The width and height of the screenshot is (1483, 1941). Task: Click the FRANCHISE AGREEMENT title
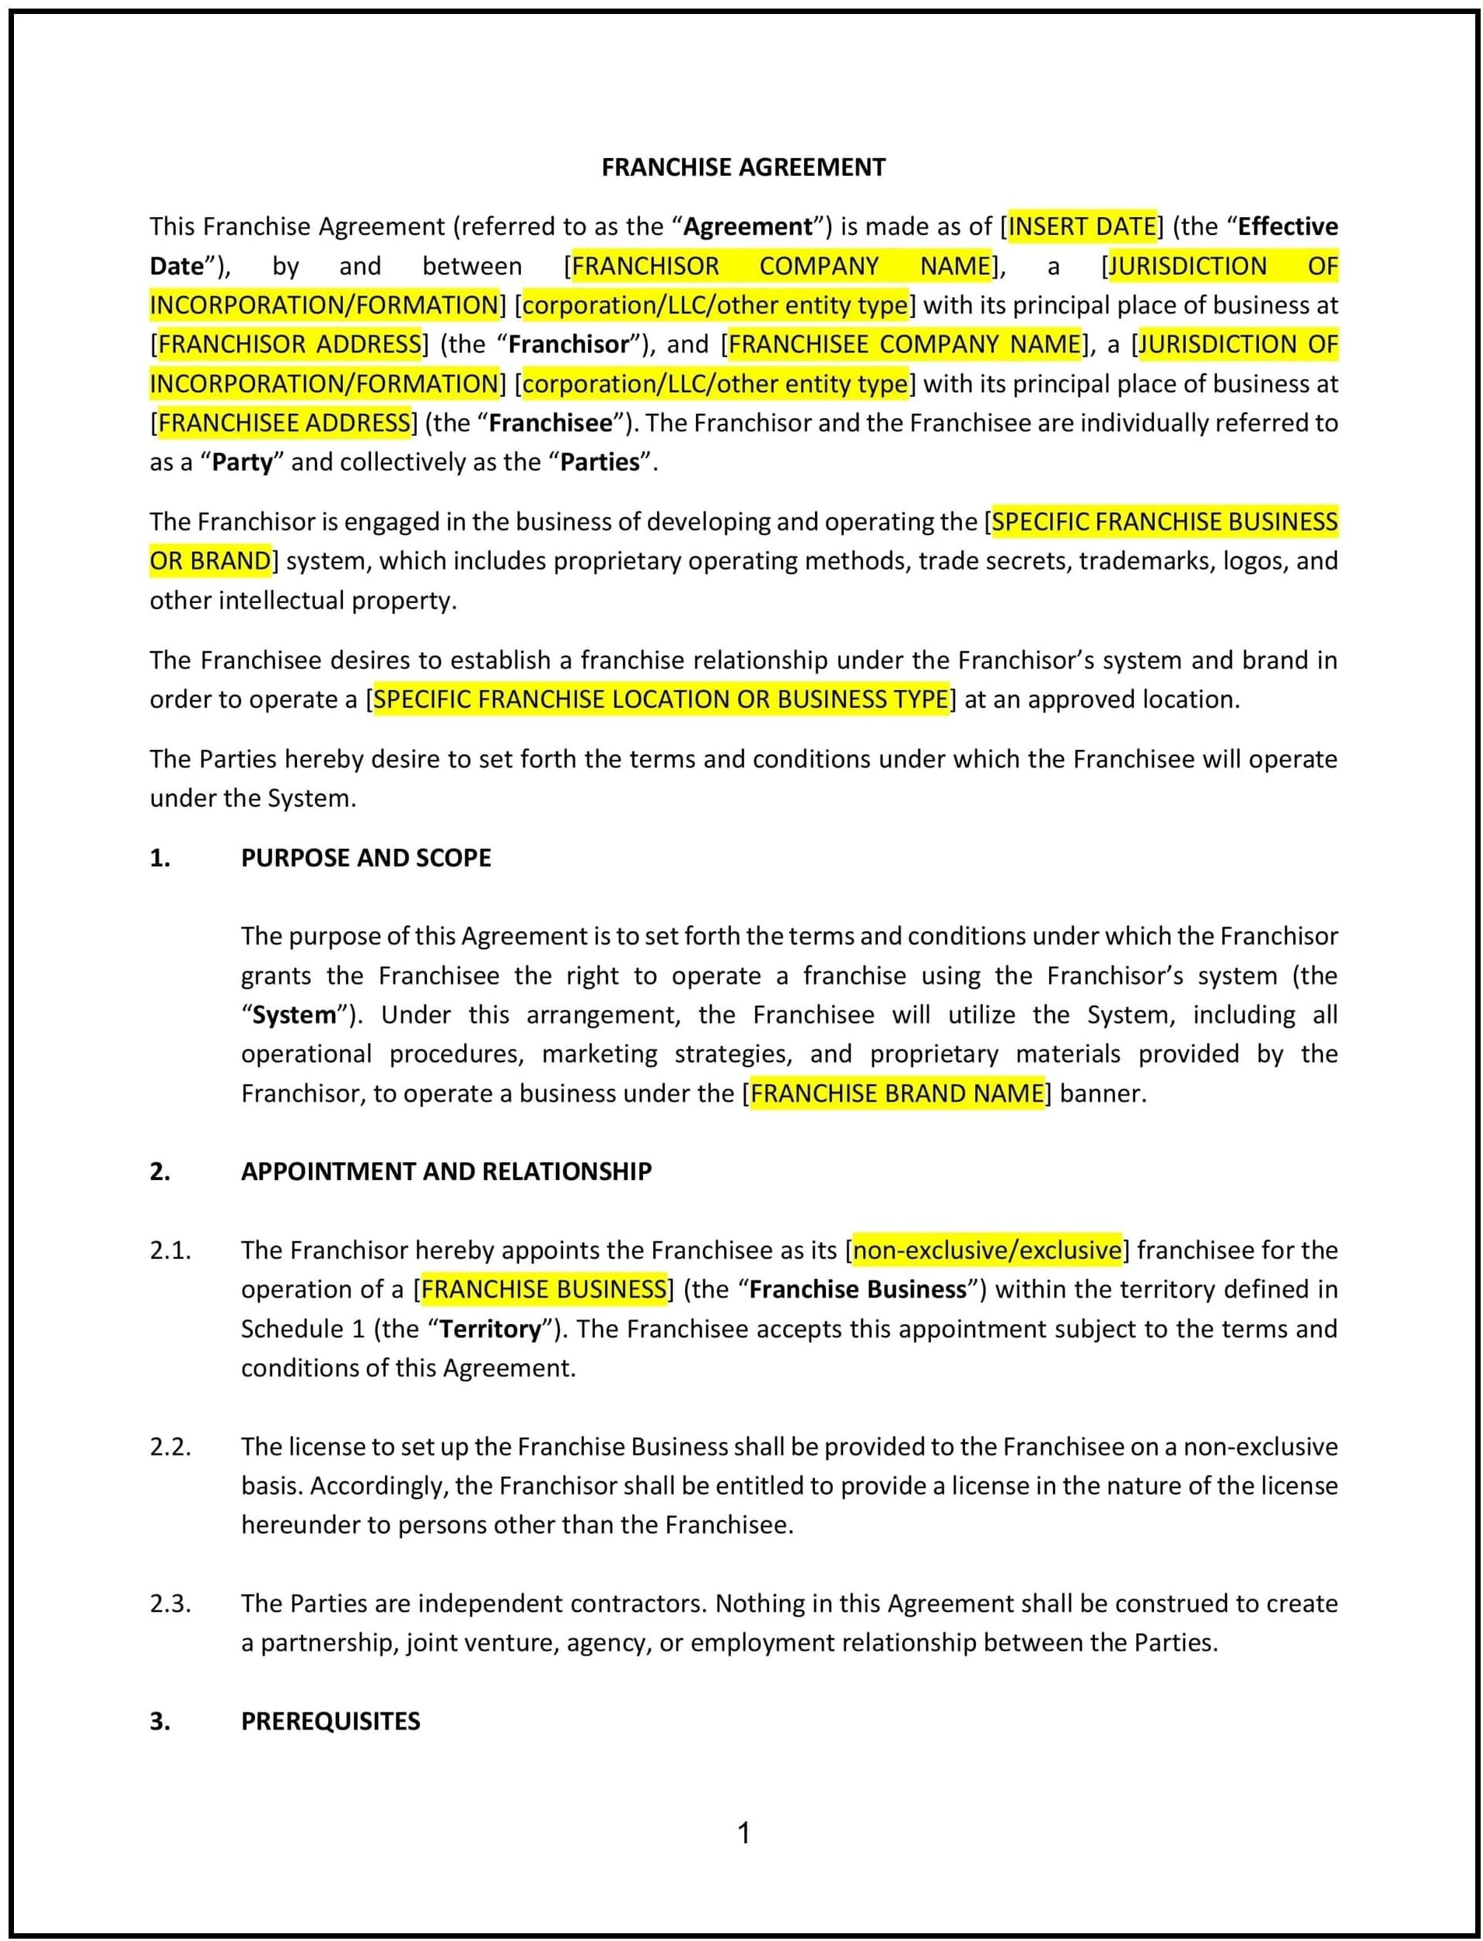point(743,167)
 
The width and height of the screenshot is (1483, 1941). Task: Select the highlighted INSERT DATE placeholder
point(1083,227)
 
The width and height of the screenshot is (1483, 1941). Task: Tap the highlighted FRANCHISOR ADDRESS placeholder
point(289,345)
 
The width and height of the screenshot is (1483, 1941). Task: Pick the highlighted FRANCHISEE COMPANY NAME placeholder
point(904,345)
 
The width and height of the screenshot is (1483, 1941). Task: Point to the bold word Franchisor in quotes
point(569,345)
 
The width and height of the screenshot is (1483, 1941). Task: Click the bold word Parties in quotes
point(600,462)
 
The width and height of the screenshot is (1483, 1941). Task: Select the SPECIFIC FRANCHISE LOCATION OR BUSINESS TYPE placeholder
point(661,699)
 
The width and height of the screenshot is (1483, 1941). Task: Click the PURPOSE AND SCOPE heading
point(366,858)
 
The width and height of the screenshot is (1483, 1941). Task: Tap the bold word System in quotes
point(294,1014)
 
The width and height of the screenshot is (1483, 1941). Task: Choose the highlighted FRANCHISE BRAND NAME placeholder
point(897,1093)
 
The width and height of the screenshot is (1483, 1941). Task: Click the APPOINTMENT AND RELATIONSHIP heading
point(446,1172)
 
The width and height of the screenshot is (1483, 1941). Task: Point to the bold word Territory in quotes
point(490,1329)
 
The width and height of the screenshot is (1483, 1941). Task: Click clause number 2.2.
point(170,1447)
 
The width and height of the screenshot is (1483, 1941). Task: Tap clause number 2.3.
point(170,1603)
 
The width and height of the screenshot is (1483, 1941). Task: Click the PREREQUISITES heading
point(331,1721)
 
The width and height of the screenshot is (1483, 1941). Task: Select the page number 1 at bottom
point(743,1834)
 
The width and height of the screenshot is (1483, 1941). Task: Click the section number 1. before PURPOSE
point(159,858)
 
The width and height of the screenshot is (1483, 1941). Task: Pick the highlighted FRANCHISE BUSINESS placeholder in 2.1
point(544,1289)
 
